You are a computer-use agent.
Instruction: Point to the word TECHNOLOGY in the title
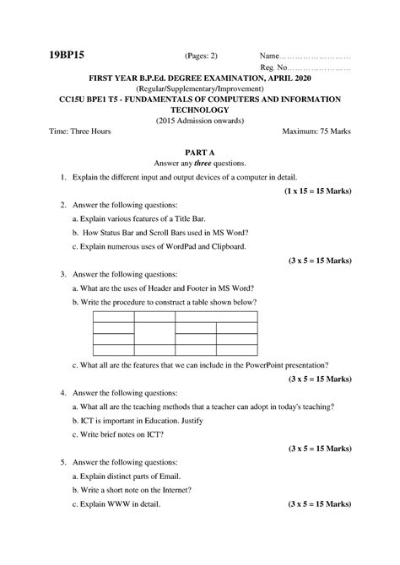[x=200, y=110]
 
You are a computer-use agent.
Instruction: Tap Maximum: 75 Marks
[x=317, y=132]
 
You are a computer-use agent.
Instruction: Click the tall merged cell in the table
[x=154, y=333]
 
